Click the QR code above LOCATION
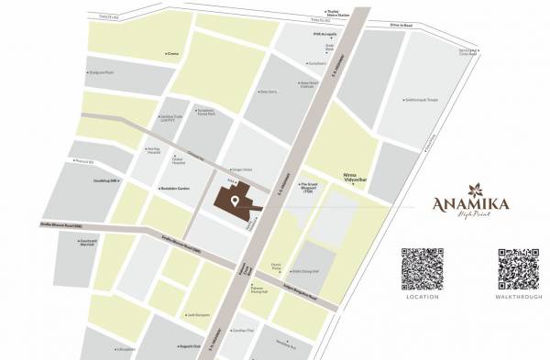pyautogui.click(x=423, y=267)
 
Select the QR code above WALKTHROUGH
pyautogui.click(x=519, y=267)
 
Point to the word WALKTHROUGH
pyautogui.click(x=519, y=297)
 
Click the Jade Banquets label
pyautogui.click(x=199, y=314)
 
